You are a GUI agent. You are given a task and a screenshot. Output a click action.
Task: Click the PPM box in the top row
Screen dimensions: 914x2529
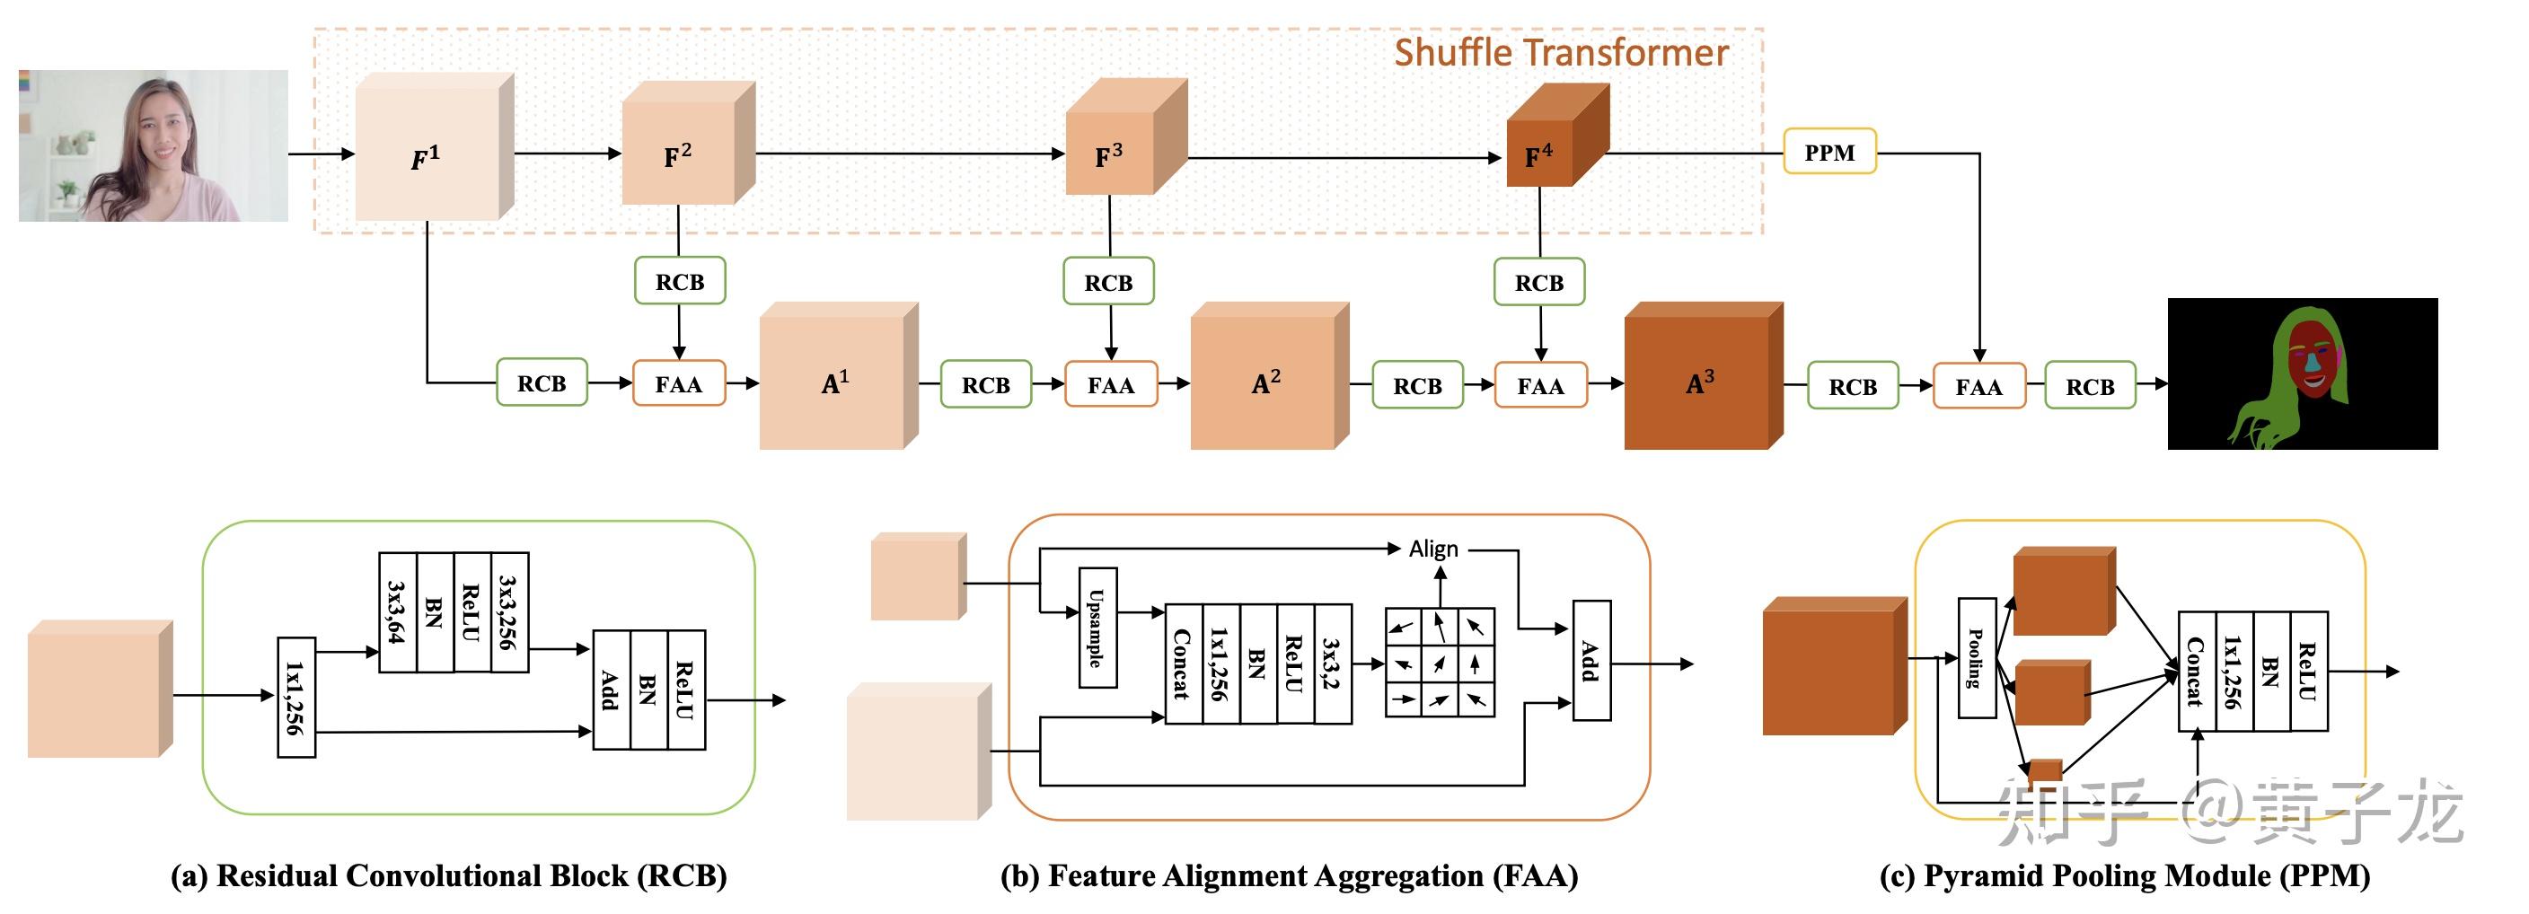tap(1829, 152)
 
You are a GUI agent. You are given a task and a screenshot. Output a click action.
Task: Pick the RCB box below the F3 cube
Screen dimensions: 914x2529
tap(1108, 283)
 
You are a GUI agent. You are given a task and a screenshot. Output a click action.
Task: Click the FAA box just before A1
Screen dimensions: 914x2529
tap(678, 384)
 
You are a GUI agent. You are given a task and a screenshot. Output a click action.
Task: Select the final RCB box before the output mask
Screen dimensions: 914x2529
tap(2089, 387)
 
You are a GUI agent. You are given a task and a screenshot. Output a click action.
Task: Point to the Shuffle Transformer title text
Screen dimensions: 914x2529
tap(1561, 53)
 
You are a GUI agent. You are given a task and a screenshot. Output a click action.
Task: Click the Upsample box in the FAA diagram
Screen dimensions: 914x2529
tap(1097, 628)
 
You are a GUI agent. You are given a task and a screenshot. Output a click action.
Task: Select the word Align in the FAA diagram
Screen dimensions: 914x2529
tap(1433, 549)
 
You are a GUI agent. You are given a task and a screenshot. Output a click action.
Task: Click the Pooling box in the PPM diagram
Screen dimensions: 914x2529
tap(1977, 658)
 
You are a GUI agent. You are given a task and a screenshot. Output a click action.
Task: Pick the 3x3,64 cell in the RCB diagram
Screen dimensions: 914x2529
tap(398, 612)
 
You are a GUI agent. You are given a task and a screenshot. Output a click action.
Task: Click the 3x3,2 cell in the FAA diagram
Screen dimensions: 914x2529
tap(1332, 664)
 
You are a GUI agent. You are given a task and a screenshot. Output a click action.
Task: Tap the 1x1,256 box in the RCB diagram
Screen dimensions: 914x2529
tap(295, 698)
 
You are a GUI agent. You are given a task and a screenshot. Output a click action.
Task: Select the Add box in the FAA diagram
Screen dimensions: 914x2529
tap(1591, 661)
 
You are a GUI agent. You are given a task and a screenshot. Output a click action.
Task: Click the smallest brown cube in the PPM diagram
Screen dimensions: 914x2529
tap(2046, 771)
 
